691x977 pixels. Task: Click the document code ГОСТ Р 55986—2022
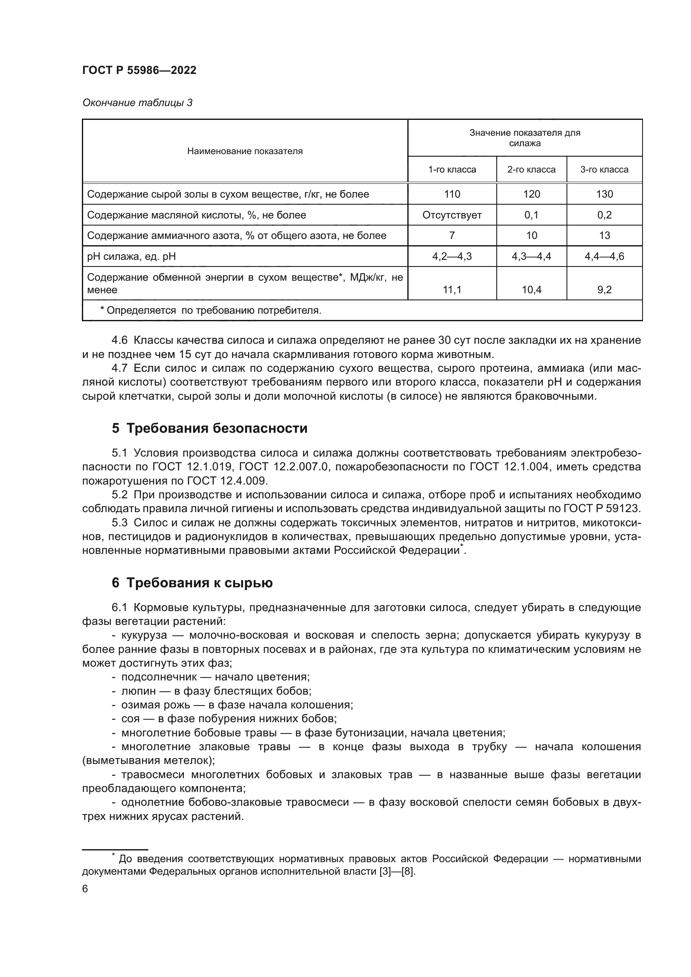coord(139,71)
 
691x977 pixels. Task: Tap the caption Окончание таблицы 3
coord(137,103)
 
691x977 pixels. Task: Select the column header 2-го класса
coord(531,170)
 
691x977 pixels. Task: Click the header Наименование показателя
coord(245,151)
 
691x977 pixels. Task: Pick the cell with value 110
coord(452,195)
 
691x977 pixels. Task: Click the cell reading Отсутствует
coord(452,215)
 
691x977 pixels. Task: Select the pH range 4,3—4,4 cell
coord(531,256)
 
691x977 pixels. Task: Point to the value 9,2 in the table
coord(604,290)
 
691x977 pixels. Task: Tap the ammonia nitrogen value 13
coord(604,236)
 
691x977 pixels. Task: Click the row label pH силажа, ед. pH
coord(131,256)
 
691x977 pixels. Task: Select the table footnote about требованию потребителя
coord(211,311)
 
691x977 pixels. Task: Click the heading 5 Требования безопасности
coord(209,428)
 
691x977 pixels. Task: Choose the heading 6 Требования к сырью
coord(192,583)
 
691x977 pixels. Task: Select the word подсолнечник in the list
coord(159,677)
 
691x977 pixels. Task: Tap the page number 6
coord(85,889)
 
